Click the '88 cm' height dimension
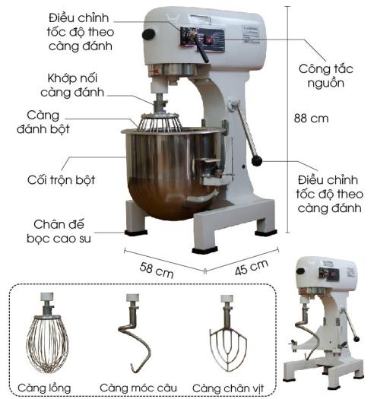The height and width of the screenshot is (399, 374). pyautogui.click(x=311, y=119)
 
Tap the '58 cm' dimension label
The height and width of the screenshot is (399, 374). pyautogui.click(x=157, y=271)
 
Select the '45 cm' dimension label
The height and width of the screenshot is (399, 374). pyautogui.click(x=252, y=268)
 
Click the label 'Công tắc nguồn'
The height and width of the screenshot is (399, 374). pyautogui.click(x=326, y=76)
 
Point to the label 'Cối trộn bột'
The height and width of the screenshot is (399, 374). pyautogui.click(x=61, y=180)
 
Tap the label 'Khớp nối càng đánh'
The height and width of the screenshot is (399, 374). pyautogui.click(x=72, y=85)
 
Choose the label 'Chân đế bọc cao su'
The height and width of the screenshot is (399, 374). pyautogui.click(x=59, y=232)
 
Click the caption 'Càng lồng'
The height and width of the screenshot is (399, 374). pyautogui.click(x=44, y=388)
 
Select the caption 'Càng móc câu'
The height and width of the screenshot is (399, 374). pyautogui.click(x=138, y=388)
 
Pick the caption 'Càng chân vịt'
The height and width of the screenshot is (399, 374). pyautogui.click(x=228, y=388)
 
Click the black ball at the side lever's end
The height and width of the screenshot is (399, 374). pyautogui.click(x=257, y=161)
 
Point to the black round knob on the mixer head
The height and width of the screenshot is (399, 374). pyautogui.click(x=148, y=34)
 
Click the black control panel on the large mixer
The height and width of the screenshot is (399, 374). pyautogui.click(x=202, y=40)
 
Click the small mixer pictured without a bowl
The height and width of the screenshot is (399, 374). pyautogui.click(x=324, y=323)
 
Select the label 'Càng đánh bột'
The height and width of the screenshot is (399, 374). pyautogui.click(x=43, y=122)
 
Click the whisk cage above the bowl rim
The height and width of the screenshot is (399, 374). pyautogui.click(x=160, y=122)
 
